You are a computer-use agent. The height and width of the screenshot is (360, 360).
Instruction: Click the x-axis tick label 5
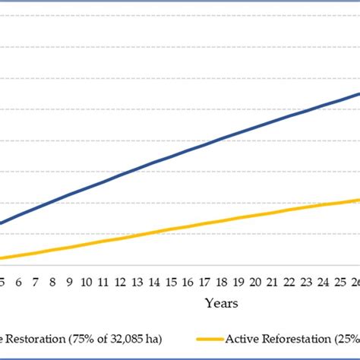(3, 282)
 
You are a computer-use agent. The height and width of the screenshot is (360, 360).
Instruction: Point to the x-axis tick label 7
(36, 282)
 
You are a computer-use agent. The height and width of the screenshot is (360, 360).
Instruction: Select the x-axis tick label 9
(70, 282)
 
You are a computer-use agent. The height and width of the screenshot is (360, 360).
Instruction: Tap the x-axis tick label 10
(87, 282)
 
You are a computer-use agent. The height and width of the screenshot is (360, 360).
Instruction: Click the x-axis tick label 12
(120, 282)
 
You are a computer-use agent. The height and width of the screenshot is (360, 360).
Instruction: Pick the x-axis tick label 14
(154, 282)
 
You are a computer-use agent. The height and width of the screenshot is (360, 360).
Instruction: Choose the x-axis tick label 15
(171, 282)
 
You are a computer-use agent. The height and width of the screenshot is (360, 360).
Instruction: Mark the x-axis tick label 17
(204, 282)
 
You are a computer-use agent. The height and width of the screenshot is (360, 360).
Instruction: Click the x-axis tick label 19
(238, 282)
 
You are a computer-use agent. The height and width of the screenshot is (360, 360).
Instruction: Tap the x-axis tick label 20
(255, 282)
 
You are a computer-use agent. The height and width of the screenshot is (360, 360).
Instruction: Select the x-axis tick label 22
(289, 282)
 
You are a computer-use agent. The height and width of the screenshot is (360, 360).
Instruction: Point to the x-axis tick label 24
(323, 282)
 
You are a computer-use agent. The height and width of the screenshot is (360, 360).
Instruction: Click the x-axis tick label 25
(339, 282)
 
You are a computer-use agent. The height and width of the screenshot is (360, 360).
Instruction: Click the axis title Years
(221, 303)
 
